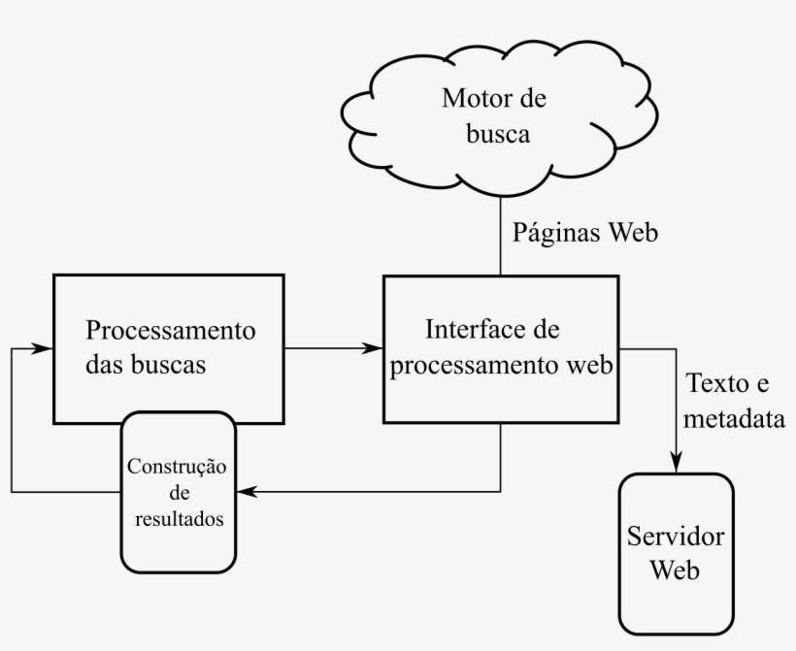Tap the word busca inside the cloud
tap(498, 134)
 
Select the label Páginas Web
tap(585, 233)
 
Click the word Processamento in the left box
tap(171, 330)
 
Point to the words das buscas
tap(147, 366)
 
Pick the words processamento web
tap(501, 366)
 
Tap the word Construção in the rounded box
tap(177, 467)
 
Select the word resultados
tap(177, 519)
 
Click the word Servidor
tap(677, 537)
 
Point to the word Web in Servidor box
tap(676, 570)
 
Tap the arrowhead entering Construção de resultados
tap(245, 492)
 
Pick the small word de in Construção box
tap(177, 493)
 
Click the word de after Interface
tap(547, 330)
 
